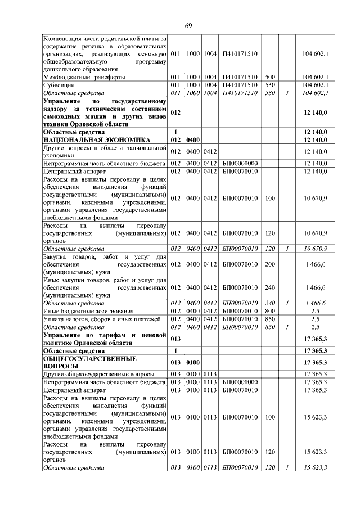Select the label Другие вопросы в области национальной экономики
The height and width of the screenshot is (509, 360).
(x=105, y=151)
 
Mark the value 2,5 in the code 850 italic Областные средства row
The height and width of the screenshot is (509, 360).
(x=315, y=327)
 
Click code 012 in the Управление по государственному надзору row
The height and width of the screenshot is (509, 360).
(x=175, y=112)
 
